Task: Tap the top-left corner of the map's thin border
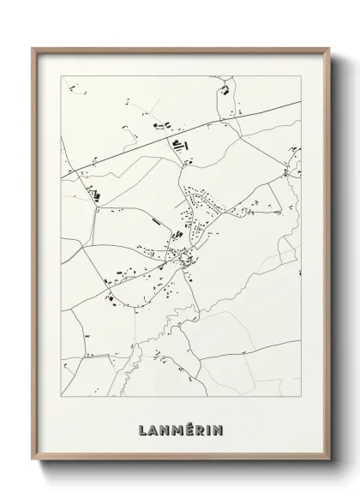point(61,75)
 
